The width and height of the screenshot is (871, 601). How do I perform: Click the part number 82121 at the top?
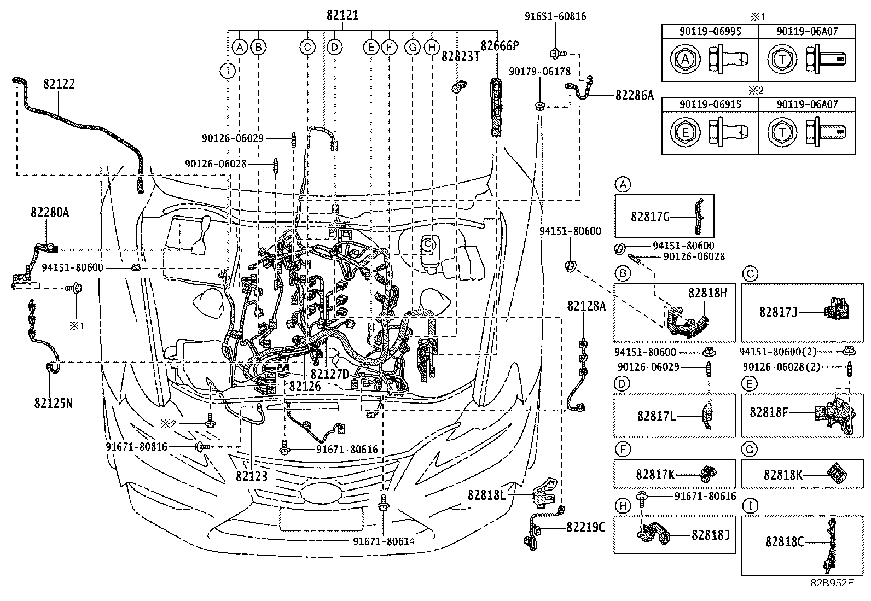342,15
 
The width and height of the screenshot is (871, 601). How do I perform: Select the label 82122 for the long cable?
60,84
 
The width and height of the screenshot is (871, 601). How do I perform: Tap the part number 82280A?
50,212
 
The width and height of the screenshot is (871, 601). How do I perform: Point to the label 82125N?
53,404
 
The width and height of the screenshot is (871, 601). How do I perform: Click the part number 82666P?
500,45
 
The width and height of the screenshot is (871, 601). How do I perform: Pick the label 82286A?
635,96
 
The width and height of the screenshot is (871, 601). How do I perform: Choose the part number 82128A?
587,306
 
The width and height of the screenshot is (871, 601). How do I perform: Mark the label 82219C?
585,527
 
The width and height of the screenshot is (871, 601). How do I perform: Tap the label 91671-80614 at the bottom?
384,541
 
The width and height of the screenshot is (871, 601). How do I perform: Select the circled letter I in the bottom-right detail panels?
751,506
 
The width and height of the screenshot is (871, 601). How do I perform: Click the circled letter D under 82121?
334,48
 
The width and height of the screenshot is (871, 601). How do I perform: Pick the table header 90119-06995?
710,31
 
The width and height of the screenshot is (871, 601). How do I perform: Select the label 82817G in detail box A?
650,217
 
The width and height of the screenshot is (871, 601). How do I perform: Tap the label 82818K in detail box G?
783,475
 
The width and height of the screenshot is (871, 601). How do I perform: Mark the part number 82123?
252,476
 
